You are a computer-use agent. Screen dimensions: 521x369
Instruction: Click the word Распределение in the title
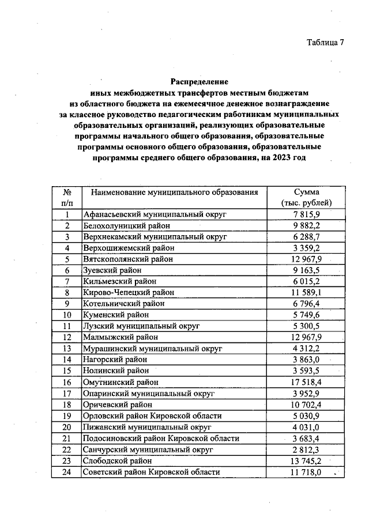(199, 82)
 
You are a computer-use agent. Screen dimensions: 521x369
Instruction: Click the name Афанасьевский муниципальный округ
(146, 214)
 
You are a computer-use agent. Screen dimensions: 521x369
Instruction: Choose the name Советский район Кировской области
(152, 472)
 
